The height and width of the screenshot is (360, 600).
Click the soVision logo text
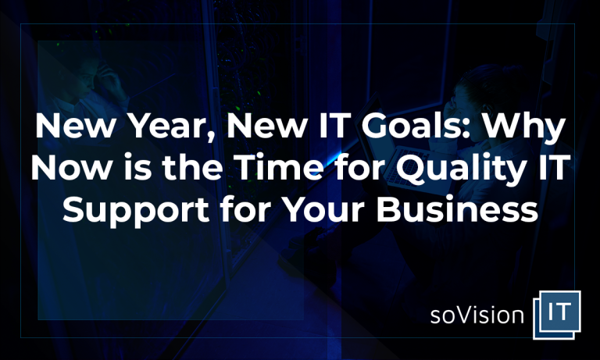pyautogui.click(x=477, y=315)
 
